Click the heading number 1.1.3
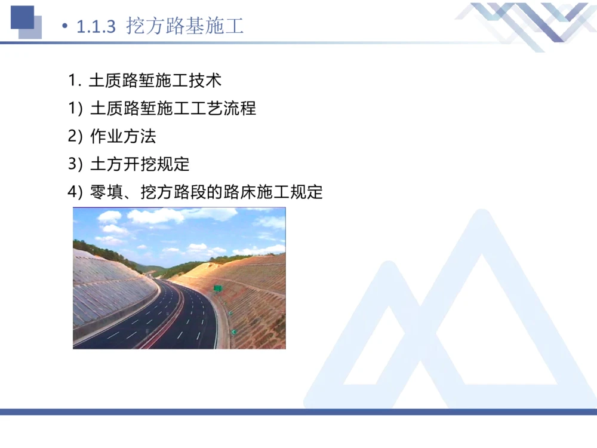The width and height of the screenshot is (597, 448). tap(96, 27)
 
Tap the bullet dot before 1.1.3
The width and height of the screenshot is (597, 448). tap(64, 27)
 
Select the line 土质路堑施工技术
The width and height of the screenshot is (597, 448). tap(155, 80)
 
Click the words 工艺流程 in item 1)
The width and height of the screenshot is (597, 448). tap(230, 108)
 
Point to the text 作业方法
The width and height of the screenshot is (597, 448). tap(123, 136)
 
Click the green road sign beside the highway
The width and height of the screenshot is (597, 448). tap(218, 288)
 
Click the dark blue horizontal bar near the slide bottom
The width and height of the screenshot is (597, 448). tap(298, 412)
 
